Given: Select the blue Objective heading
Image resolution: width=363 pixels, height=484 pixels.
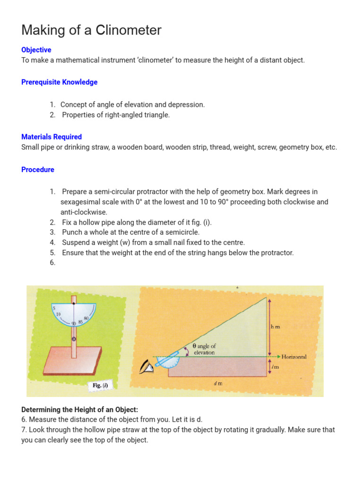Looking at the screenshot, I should pyautogui.click(x=36, y=50).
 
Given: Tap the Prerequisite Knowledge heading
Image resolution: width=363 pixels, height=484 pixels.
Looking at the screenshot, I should pyautogui.click(x=59, y=82).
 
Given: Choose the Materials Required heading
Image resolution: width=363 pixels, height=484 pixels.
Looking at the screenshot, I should pyautogui.click(x=52, y=137).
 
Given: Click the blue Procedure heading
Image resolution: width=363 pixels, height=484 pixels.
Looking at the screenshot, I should pyautogui.click(x=38, y=169).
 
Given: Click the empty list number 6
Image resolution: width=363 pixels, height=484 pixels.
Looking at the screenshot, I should pyautogui.click(x=52, y=263).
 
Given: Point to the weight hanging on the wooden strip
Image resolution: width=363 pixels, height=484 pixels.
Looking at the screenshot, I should pyautogui.click(x=74, y=339).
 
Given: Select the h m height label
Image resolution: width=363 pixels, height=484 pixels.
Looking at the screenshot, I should pyautogui.click(x=275, y=326).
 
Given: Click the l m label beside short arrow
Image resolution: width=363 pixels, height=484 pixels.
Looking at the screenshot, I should pyautogui.click(x=275, y=367).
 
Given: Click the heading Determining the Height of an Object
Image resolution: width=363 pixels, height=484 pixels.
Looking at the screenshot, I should pyautogui.click(x=79, y=409).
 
